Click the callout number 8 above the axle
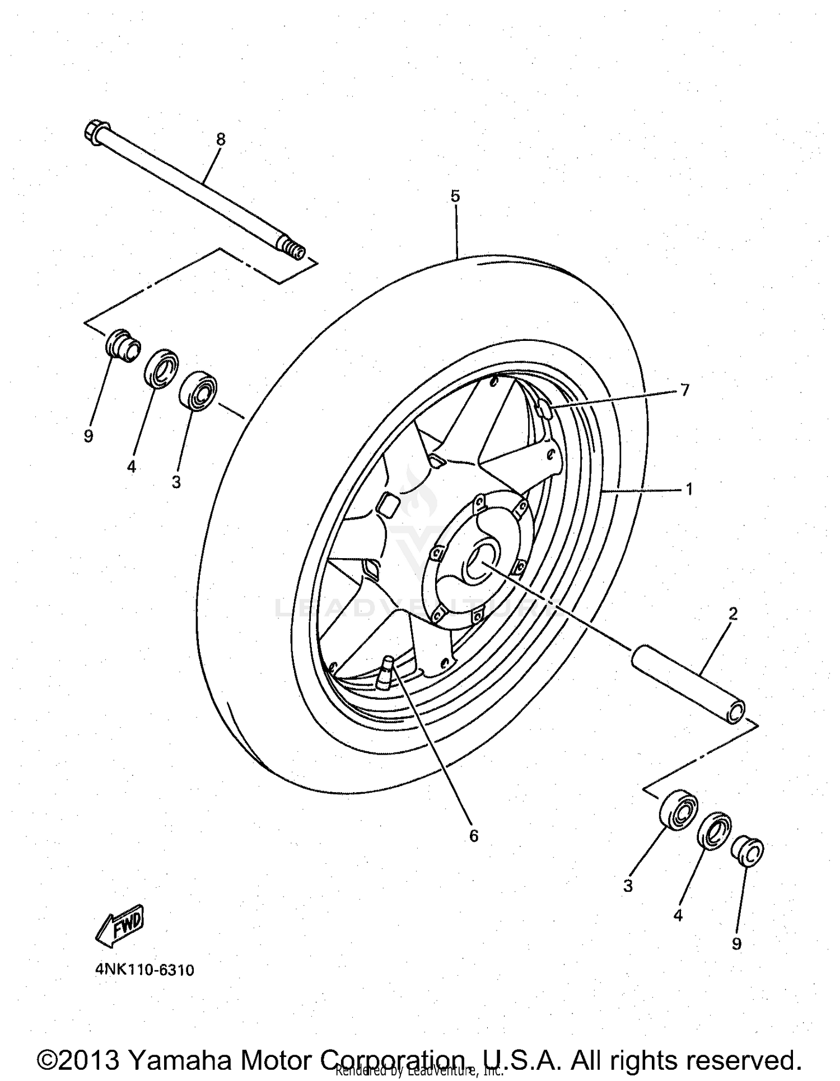pos(221,139)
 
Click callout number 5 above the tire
pos(455,196)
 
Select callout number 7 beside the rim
pos(685,390)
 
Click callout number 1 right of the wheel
pos(689,489)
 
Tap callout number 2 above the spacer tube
pos(733,614)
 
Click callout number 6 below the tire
pos(474,836)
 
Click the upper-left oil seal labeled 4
pos(161,368)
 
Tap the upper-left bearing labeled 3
pos(198,390)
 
